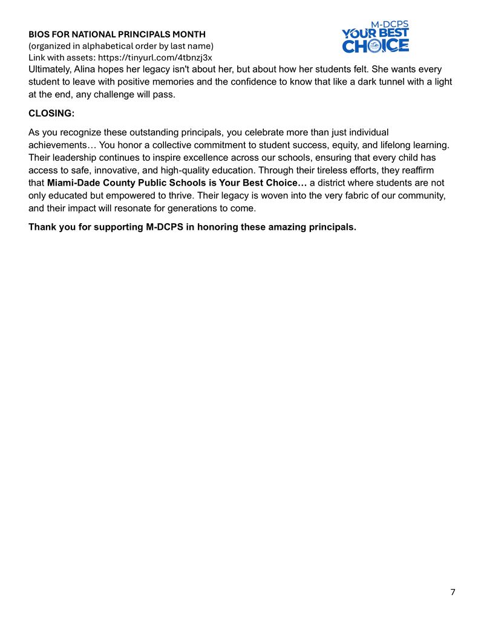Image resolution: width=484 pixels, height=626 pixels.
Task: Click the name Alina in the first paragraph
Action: click(86, 70)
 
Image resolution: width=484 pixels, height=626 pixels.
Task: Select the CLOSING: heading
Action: click(51, 114)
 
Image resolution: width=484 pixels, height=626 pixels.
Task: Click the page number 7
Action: click(453, 592)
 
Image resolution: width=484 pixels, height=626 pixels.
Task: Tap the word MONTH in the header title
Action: click(188, 34)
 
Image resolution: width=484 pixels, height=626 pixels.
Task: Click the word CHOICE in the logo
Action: click(375, 45)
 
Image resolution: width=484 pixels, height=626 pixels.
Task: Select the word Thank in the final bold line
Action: click(42, 228)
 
